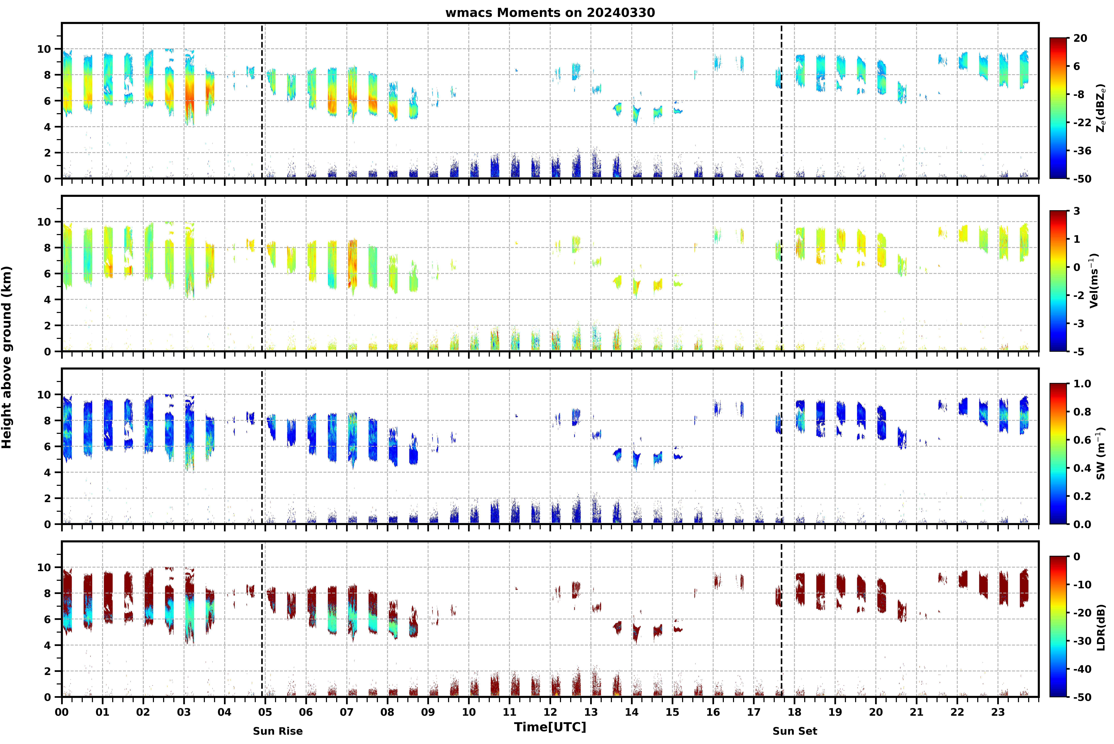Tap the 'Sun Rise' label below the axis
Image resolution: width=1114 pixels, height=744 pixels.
point(278,731)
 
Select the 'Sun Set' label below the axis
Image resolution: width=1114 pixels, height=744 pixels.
point(795,731)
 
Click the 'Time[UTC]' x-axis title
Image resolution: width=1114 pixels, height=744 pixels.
point(550,727)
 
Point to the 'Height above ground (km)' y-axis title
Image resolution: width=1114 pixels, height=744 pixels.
point(7,357)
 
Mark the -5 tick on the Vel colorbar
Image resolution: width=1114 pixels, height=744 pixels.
point(1078,352)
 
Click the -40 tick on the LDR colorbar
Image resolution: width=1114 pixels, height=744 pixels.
point(1082,669)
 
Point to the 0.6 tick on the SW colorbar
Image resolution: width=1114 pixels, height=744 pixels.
point(1082,440)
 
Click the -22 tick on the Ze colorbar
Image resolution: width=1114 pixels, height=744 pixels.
point(1082,122)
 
